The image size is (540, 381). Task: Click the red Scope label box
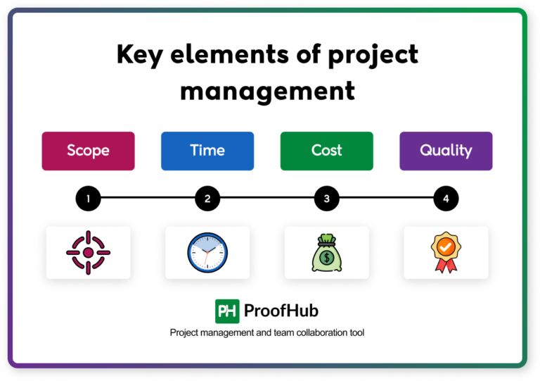88,151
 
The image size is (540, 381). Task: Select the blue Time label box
207,151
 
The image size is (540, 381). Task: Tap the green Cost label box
326,151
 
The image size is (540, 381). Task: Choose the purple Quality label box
446,151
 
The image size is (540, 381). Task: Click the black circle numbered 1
88,199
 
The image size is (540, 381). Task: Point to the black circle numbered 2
207,199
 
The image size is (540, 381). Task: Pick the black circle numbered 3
326,199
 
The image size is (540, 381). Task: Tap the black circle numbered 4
446,199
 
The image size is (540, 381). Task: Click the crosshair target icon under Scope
88,252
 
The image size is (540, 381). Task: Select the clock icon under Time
207,252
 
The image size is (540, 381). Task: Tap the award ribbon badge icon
446,252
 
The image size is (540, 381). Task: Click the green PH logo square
227,311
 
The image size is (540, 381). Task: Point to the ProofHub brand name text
281,311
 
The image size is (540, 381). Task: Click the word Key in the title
139,55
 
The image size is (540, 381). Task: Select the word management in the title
267,90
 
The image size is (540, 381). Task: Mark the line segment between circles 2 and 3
267,199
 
